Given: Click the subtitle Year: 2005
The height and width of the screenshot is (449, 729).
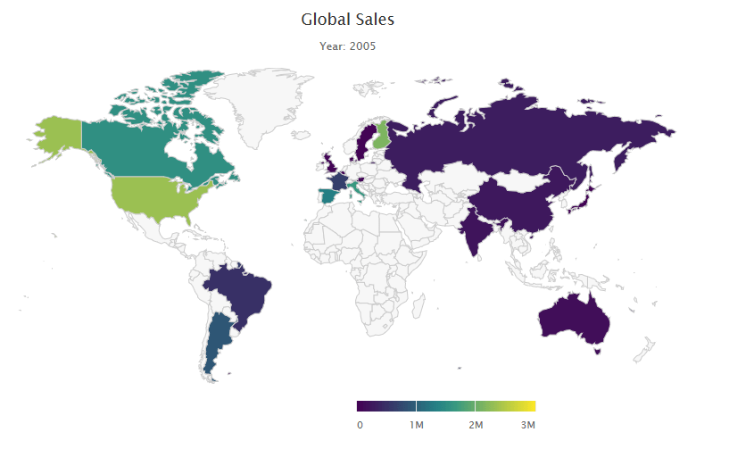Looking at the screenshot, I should pyautogui.click(x=347, y=46).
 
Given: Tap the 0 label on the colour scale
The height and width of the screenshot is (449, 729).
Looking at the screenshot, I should pyautogui.click(x=360, y=425).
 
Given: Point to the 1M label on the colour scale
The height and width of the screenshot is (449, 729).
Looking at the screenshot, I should pyautogui.click(x=416, y=425).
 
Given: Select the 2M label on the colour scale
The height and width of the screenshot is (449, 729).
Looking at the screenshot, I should pyautogui.click(x=476, y=425).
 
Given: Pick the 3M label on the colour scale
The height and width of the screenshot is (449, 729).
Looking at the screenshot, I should pyautogui.click(x=527, y=425).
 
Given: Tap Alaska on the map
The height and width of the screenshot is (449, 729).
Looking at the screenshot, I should pyautogui.click(x=58, y=134).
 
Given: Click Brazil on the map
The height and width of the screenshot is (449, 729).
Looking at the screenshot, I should pyautogui.click(x=241, y=290).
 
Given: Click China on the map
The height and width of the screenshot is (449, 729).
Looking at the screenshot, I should pyautogui.click(x=518, y=201).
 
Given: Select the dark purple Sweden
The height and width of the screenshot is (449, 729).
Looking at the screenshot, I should pyautogui.click(x=363, y=143).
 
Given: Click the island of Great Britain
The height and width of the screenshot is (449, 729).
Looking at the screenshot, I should pyautogui.click(x=332, y=163).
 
